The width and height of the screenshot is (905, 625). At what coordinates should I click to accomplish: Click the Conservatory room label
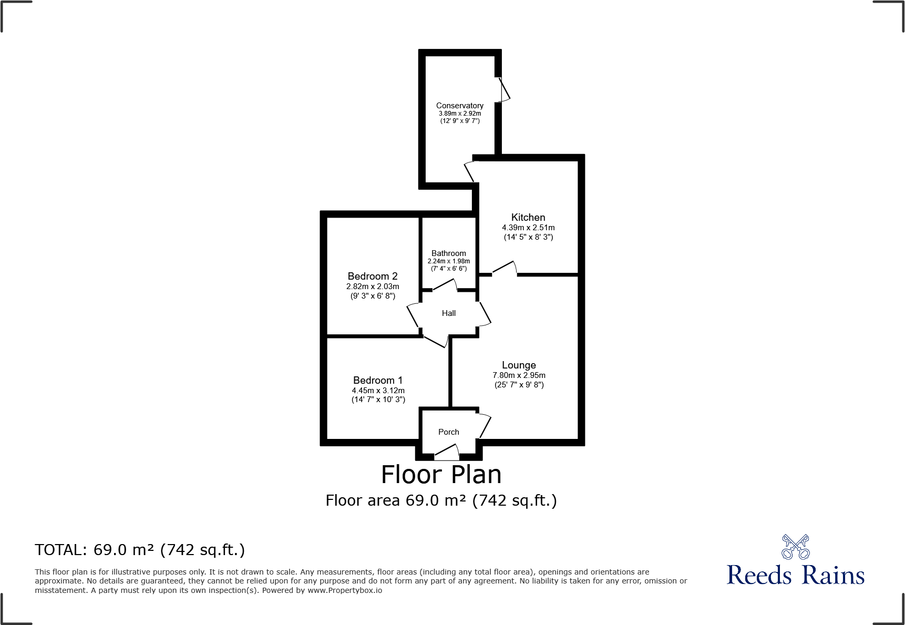click(x=459, y=106)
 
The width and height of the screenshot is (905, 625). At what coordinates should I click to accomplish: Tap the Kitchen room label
click(x=528, y=217)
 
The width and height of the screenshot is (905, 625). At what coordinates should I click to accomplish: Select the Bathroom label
click(x=449, y=253)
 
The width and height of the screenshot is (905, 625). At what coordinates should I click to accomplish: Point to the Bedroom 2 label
click(x=373, y=276)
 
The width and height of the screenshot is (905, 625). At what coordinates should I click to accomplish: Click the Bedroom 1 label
click(x=378, y=380)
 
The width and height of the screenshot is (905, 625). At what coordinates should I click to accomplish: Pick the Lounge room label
click(x=519, y=365)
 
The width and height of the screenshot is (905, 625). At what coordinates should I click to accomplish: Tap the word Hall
click(x=449, y=313)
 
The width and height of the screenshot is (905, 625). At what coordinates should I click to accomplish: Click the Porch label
click(x=449, y=432)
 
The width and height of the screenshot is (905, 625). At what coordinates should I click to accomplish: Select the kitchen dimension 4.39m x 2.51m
click(x=528, y=228)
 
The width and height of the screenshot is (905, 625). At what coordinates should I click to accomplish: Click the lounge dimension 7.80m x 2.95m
click(x=519, y=375)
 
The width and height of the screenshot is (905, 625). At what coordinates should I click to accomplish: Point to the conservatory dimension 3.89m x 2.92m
click(x=460, y=114)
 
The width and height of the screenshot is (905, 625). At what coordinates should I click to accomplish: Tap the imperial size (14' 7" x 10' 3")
click(x=378, y=399)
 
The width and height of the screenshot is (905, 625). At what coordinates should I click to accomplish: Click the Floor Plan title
click(x=441, y=475)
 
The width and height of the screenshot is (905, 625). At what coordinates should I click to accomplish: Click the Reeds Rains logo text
click(x=796, y=575)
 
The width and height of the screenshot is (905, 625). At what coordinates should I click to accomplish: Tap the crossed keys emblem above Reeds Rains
click(x=796, y=547)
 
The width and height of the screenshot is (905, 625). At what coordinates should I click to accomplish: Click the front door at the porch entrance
click(x=447, y=453)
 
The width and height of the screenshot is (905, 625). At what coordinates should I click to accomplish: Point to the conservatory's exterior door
click(x=503, y=89)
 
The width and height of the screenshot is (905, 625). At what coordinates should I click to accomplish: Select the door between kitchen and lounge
click(x=505, y=269)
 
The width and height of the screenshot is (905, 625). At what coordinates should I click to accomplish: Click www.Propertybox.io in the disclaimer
click(x=345, y=590)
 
